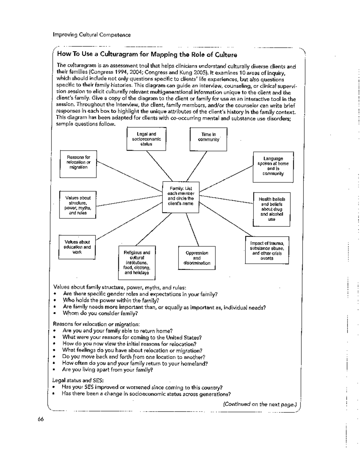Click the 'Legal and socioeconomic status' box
(x=146, y=139)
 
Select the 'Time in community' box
(x=208, y=138)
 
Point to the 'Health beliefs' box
(x=271, y=209)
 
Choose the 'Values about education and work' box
(x=77, y=247)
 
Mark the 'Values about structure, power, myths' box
(x=78, y=205)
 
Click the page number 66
(x=41, y=419)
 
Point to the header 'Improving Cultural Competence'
(x=92, y=35)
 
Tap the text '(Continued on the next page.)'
(x=260, y=404)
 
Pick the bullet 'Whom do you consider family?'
(x=100, y=313)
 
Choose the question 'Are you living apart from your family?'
(x=108, y=370)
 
